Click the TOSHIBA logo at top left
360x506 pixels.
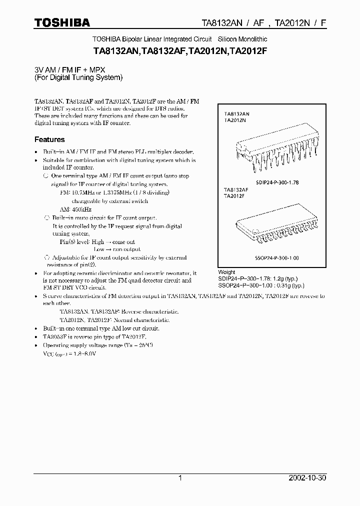click(61, 22)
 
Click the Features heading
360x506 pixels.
click(49, 139)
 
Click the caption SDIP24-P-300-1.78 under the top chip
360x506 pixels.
click(276, 182)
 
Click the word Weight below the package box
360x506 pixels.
click(227, 272)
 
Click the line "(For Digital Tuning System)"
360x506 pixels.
click(78, 77)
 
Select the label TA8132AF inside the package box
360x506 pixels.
click(236, 190)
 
